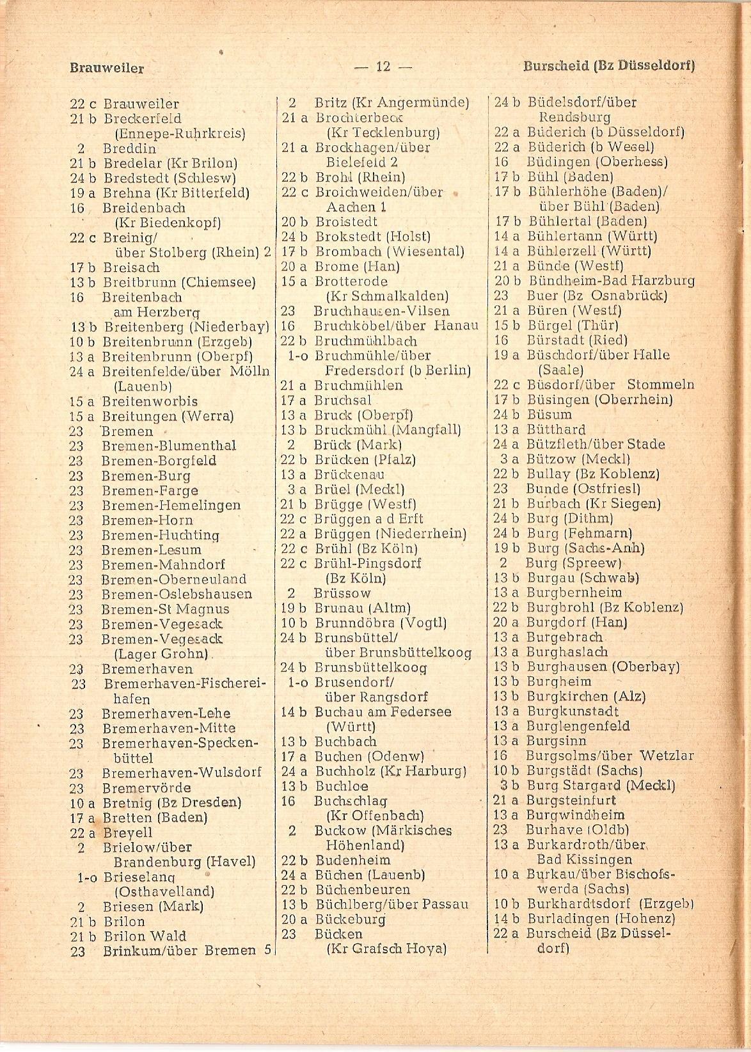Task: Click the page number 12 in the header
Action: click(384, 67)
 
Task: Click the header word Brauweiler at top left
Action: click(107, 68)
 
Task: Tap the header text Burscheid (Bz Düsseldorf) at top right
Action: click(609, 65)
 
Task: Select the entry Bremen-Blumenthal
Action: click(168, 446)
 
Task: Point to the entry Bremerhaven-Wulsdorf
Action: click(182, 772)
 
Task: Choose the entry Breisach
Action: click(131, 267)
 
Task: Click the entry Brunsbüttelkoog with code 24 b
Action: click(372, 667)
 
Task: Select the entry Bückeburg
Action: click(351, 920)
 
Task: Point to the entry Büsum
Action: click(549, 415)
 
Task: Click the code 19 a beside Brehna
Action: click(81, 193)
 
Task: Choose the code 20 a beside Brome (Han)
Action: click(295, 267)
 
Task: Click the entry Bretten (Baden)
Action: click(155, 818)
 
